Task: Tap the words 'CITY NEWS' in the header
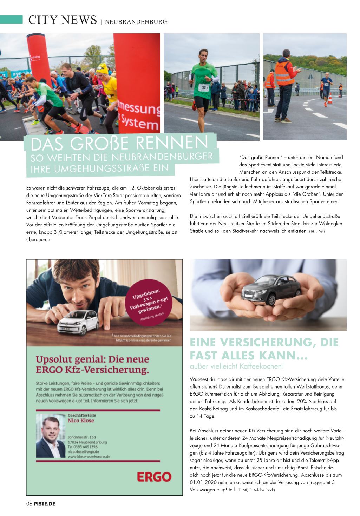point(63,20)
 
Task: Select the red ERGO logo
point(154,476)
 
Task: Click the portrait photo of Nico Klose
point(51,437)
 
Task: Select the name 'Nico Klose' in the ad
point(81,420)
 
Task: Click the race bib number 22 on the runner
point(204,87)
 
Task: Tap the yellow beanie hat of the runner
point(102,68)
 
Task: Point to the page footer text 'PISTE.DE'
point(45,504)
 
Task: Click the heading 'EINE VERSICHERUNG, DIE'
point(264,342)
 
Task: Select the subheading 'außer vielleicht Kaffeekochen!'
point(236,366)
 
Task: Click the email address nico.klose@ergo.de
point(83,452)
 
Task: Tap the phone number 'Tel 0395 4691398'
point(83,447)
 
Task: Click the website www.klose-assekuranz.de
point(89,457)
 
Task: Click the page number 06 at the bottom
point(29,504)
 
